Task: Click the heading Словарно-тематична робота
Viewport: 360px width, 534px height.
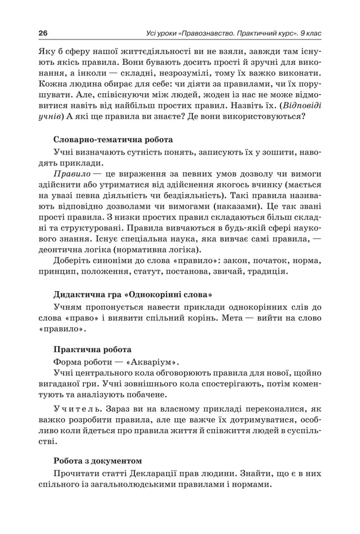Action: (113, 139)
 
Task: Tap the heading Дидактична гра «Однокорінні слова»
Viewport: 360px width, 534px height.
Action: (133, 294)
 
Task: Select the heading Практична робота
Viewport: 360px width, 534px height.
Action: (93, 349)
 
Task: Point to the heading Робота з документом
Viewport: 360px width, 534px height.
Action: (98, 460)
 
